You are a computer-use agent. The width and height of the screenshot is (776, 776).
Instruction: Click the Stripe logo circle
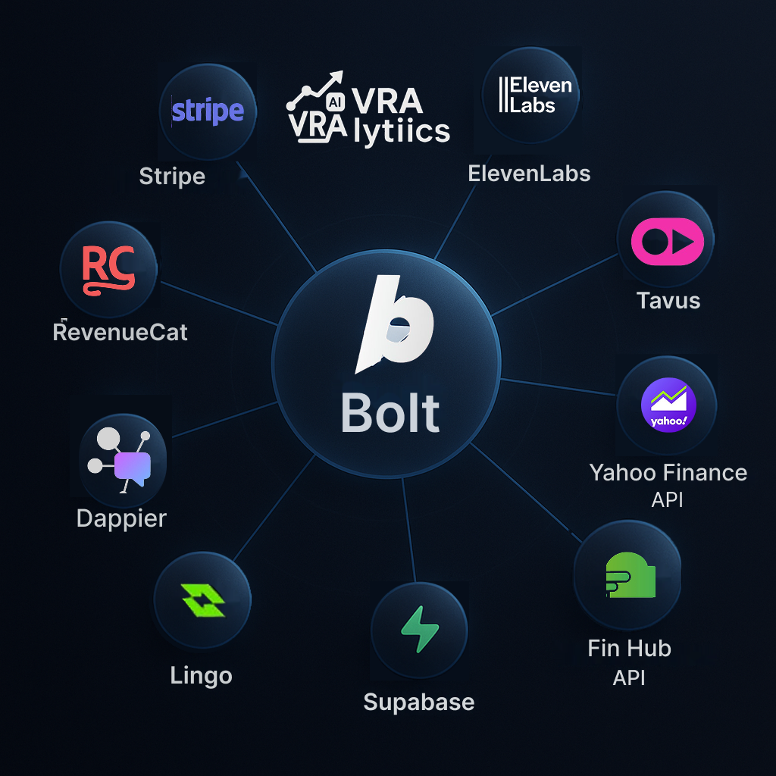point(208,111)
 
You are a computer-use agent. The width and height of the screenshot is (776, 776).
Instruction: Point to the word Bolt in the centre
point(390,414)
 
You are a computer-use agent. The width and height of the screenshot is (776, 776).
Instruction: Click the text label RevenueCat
point(120,331)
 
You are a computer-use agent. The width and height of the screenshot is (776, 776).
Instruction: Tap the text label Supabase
point(419,702)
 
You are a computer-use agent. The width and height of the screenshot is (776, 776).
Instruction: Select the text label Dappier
point(121,518)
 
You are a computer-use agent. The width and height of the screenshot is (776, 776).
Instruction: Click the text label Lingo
point(202,675)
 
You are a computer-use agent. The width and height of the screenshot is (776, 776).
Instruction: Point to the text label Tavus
point(668,300)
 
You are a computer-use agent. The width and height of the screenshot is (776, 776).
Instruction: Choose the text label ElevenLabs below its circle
point(529,174)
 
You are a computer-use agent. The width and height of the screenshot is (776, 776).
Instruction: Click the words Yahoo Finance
point(668,473)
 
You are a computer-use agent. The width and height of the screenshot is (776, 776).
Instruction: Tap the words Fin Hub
point(629,648)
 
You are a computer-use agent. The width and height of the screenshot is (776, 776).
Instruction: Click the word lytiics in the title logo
point(402,132)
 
